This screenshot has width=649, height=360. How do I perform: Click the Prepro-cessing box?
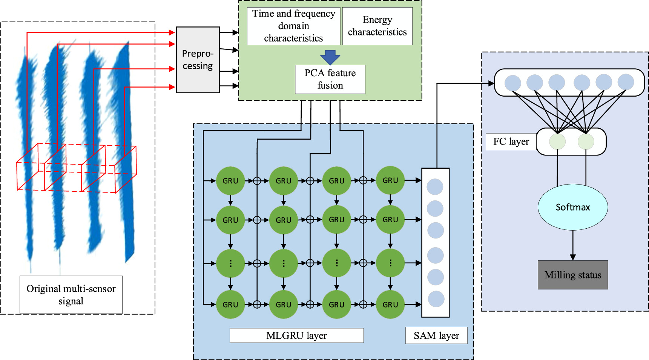coord(198,60)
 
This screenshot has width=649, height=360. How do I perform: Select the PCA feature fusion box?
coord(330,79)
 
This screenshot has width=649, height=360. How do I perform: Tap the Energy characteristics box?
coord(377,26)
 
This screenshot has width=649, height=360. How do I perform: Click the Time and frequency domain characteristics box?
coord(293,26)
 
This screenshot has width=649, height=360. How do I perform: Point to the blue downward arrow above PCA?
coord(330,57)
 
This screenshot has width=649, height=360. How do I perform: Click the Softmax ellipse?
coord(572,207)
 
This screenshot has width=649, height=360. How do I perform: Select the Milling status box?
coord(572,275)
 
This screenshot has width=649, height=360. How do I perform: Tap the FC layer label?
coord(511,142)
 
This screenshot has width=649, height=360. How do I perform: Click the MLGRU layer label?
coord(296,335)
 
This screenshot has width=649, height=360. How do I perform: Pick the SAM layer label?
coord(436,335)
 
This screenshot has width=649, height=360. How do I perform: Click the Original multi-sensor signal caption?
coord(71,295)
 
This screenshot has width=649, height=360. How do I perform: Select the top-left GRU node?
coord(230,181)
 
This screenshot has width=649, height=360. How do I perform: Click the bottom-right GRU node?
coord(390,305)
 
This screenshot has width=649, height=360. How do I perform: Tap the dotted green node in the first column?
coord(230,263)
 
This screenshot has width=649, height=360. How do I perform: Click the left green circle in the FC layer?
coord(557,142)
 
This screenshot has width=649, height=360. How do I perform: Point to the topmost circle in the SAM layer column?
coord(435,187)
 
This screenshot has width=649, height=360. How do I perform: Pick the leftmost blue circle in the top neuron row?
coord(512,83)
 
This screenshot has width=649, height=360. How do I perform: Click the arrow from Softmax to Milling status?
coord(573,245)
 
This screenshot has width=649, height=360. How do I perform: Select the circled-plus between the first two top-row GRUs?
coord(257,181)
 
